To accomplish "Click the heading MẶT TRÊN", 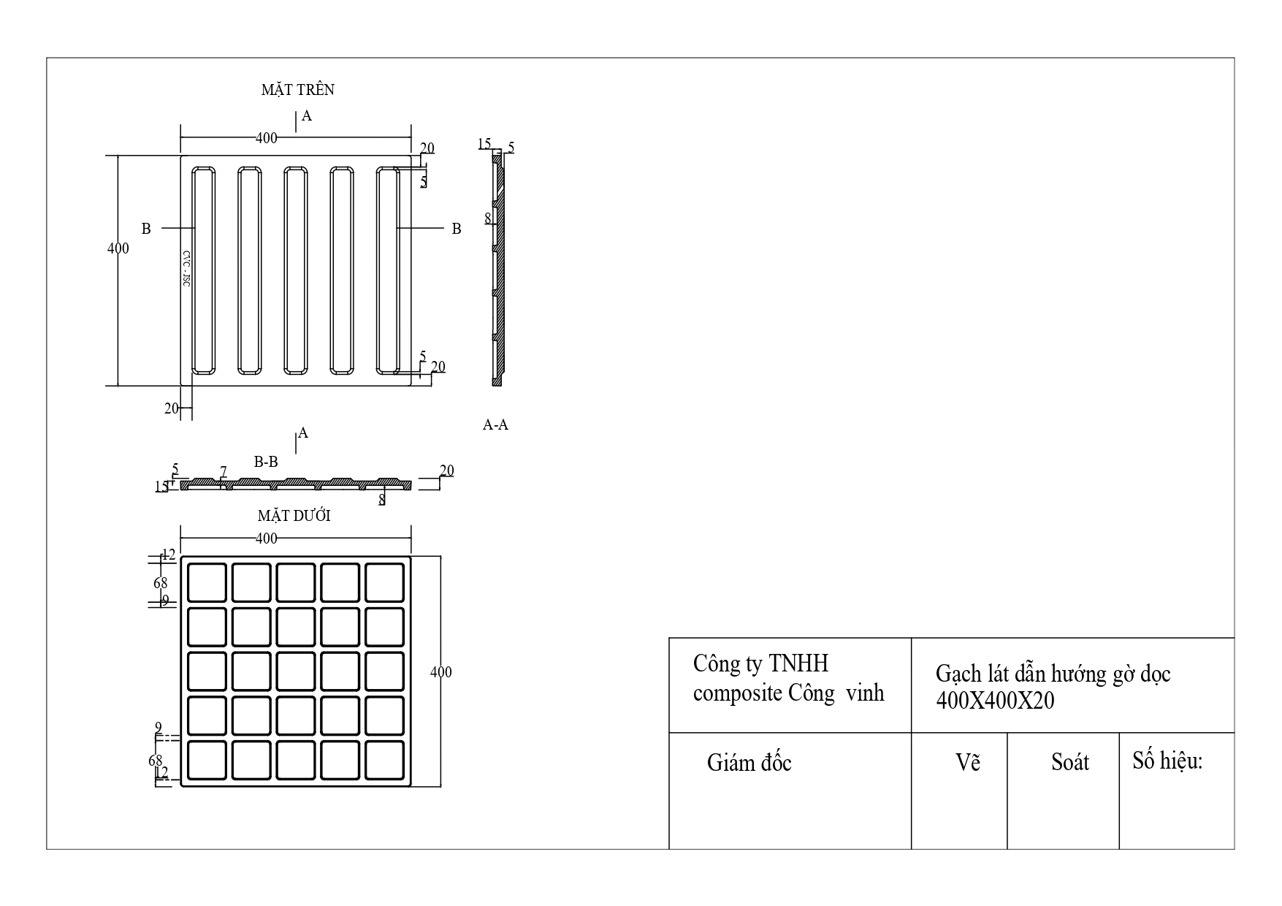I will click(x=298, y=90).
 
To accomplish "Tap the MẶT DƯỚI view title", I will click(x=294, y=516).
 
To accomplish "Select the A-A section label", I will click(x=495, y=425).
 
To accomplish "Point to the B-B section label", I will click(x=266, y=462).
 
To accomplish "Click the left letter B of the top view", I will click(x=146, y=229).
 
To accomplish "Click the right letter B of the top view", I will click(x=457, y=229).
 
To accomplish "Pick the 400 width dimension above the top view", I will click(x=267, y=137).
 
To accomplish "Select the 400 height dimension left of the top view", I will click(x=118, y=248).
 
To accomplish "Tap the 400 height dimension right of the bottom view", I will click(x=441, y=672).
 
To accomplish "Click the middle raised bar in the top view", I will click(x=296, y=270).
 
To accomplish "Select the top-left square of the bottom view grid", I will click(x=207, y=582).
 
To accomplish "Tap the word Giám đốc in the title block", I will click(x=749, y=763).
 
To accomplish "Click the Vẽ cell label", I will click(x=968, y=763).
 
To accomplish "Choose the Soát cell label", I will click(x=1069, y=763).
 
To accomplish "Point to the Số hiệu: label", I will click(x=1167, y=761).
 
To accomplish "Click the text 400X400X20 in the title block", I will click(x=995, y=701).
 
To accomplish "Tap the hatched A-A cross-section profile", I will click(x=498, y=270).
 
